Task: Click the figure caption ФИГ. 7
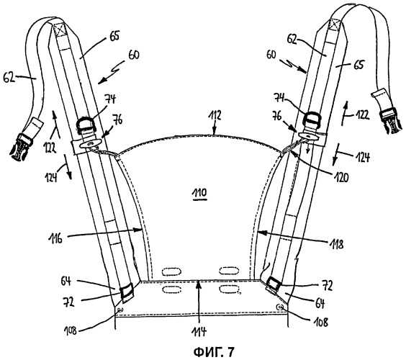coord(214,351)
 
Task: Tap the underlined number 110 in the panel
coord(199,193)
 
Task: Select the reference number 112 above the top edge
coord(215,115)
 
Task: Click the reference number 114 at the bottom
coord(199,331)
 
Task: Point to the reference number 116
coord(55,238)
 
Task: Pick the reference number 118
coord(336,244)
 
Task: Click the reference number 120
coord(340,177)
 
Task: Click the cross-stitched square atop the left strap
coord(60,30)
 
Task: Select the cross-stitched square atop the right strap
coord(335,25)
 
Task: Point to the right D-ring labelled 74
coord(312,119)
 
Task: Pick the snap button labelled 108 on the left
coord(120,309)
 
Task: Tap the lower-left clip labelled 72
coord(127,292)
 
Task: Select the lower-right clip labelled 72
coord(274,284)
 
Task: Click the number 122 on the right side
coord(361,114)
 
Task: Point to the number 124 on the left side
coord(51,177)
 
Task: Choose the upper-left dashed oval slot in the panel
coord(171,271)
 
